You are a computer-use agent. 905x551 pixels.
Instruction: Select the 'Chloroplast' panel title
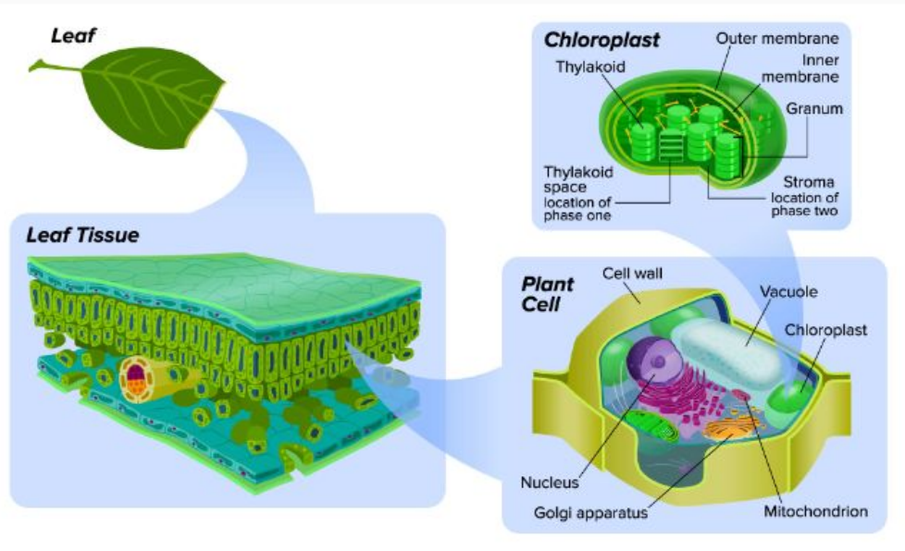[601, 41]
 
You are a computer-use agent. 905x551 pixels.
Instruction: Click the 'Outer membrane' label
[778, 39]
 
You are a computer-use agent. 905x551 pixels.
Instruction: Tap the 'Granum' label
[814, 108]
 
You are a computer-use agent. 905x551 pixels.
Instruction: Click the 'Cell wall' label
[632, 274]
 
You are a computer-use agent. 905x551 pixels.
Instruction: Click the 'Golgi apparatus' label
[590, 511]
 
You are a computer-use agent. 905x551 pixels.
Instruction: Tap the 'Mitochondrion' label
[816, 510]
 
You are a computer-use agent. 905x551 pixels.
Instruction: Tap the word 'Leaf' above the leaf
[74, 37]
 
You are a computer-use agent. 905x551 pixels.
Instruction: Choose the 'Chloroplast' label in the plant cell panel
[825, 330]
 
